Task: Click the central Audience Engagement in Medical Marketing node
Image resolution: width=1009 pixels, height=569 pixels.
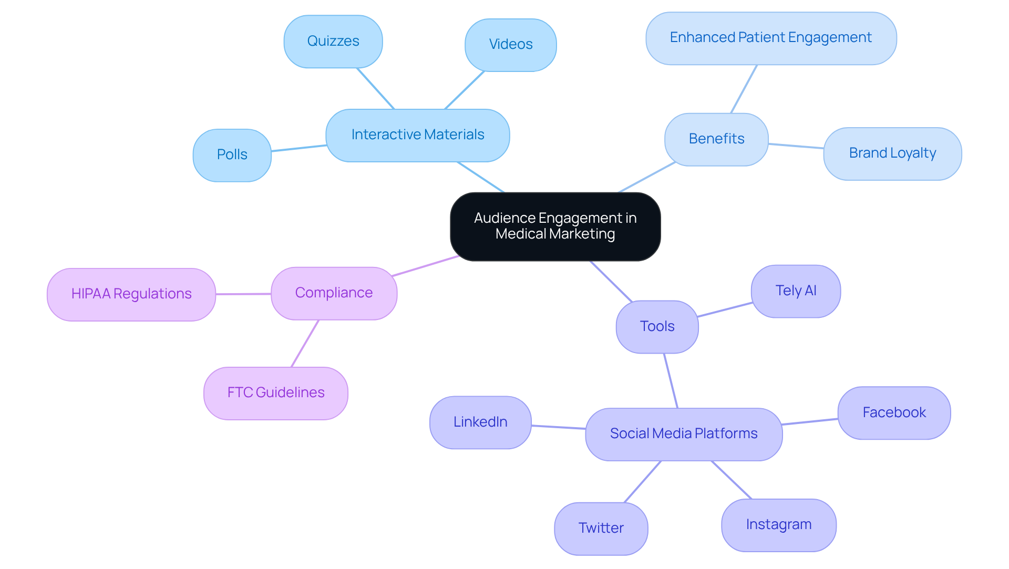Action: coord(555,226)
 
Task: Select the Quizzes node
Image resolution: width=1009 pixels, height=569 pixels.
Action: coord(333,42)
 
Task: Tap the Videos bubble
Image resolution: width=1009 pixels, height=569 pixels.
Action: coord(510,45)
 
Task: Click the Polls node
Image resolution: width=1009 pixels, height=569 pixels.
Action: coord(232,155)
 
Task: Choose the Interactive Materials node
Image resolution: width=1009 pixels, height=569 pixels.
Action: coord(417,135)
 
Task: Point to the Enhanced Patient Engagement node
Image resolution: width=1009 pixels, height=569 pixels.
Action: coord(770,38)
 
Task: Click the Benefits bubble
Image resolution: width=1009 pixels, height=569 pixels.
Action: coord(716,139)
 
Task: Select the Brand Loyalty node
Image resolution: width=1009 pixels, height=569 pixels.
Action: coord(892,153)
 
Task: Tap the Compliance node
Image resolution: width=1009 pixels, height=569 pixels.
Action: coord(334,293)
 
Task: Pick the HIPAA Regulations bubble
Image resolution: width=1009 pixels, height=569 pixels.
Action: coord(131,294)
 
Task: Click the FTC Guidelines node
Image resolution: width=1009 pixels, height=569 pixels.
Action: coord(275,393)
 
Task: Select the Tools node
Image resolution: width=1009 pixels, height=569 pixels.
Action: coord(657,327)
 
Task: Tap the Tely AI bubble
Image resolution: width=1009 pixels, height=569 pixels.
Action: coord(795,291)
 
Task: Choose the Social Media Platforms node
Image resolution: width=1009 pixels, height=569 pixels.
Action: coord(683,434)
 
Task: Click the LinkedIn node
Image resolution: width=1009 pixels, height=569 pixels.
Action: coord(480,422)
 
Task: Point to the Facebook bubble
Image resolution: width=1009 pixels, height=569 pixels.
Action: coord(893,413)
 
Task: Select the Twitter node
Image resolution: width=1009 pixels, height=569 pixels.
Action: coord(601,528)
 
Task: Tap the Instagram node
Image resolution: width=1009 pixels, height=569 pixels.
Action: coord(778,525)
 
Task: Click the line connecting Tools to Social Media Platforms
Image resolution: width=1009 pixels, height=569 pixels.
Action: coord(671,380)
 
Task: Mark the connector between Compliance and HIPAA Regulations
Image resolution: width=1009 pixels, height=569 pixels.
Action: coord(243,294)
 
